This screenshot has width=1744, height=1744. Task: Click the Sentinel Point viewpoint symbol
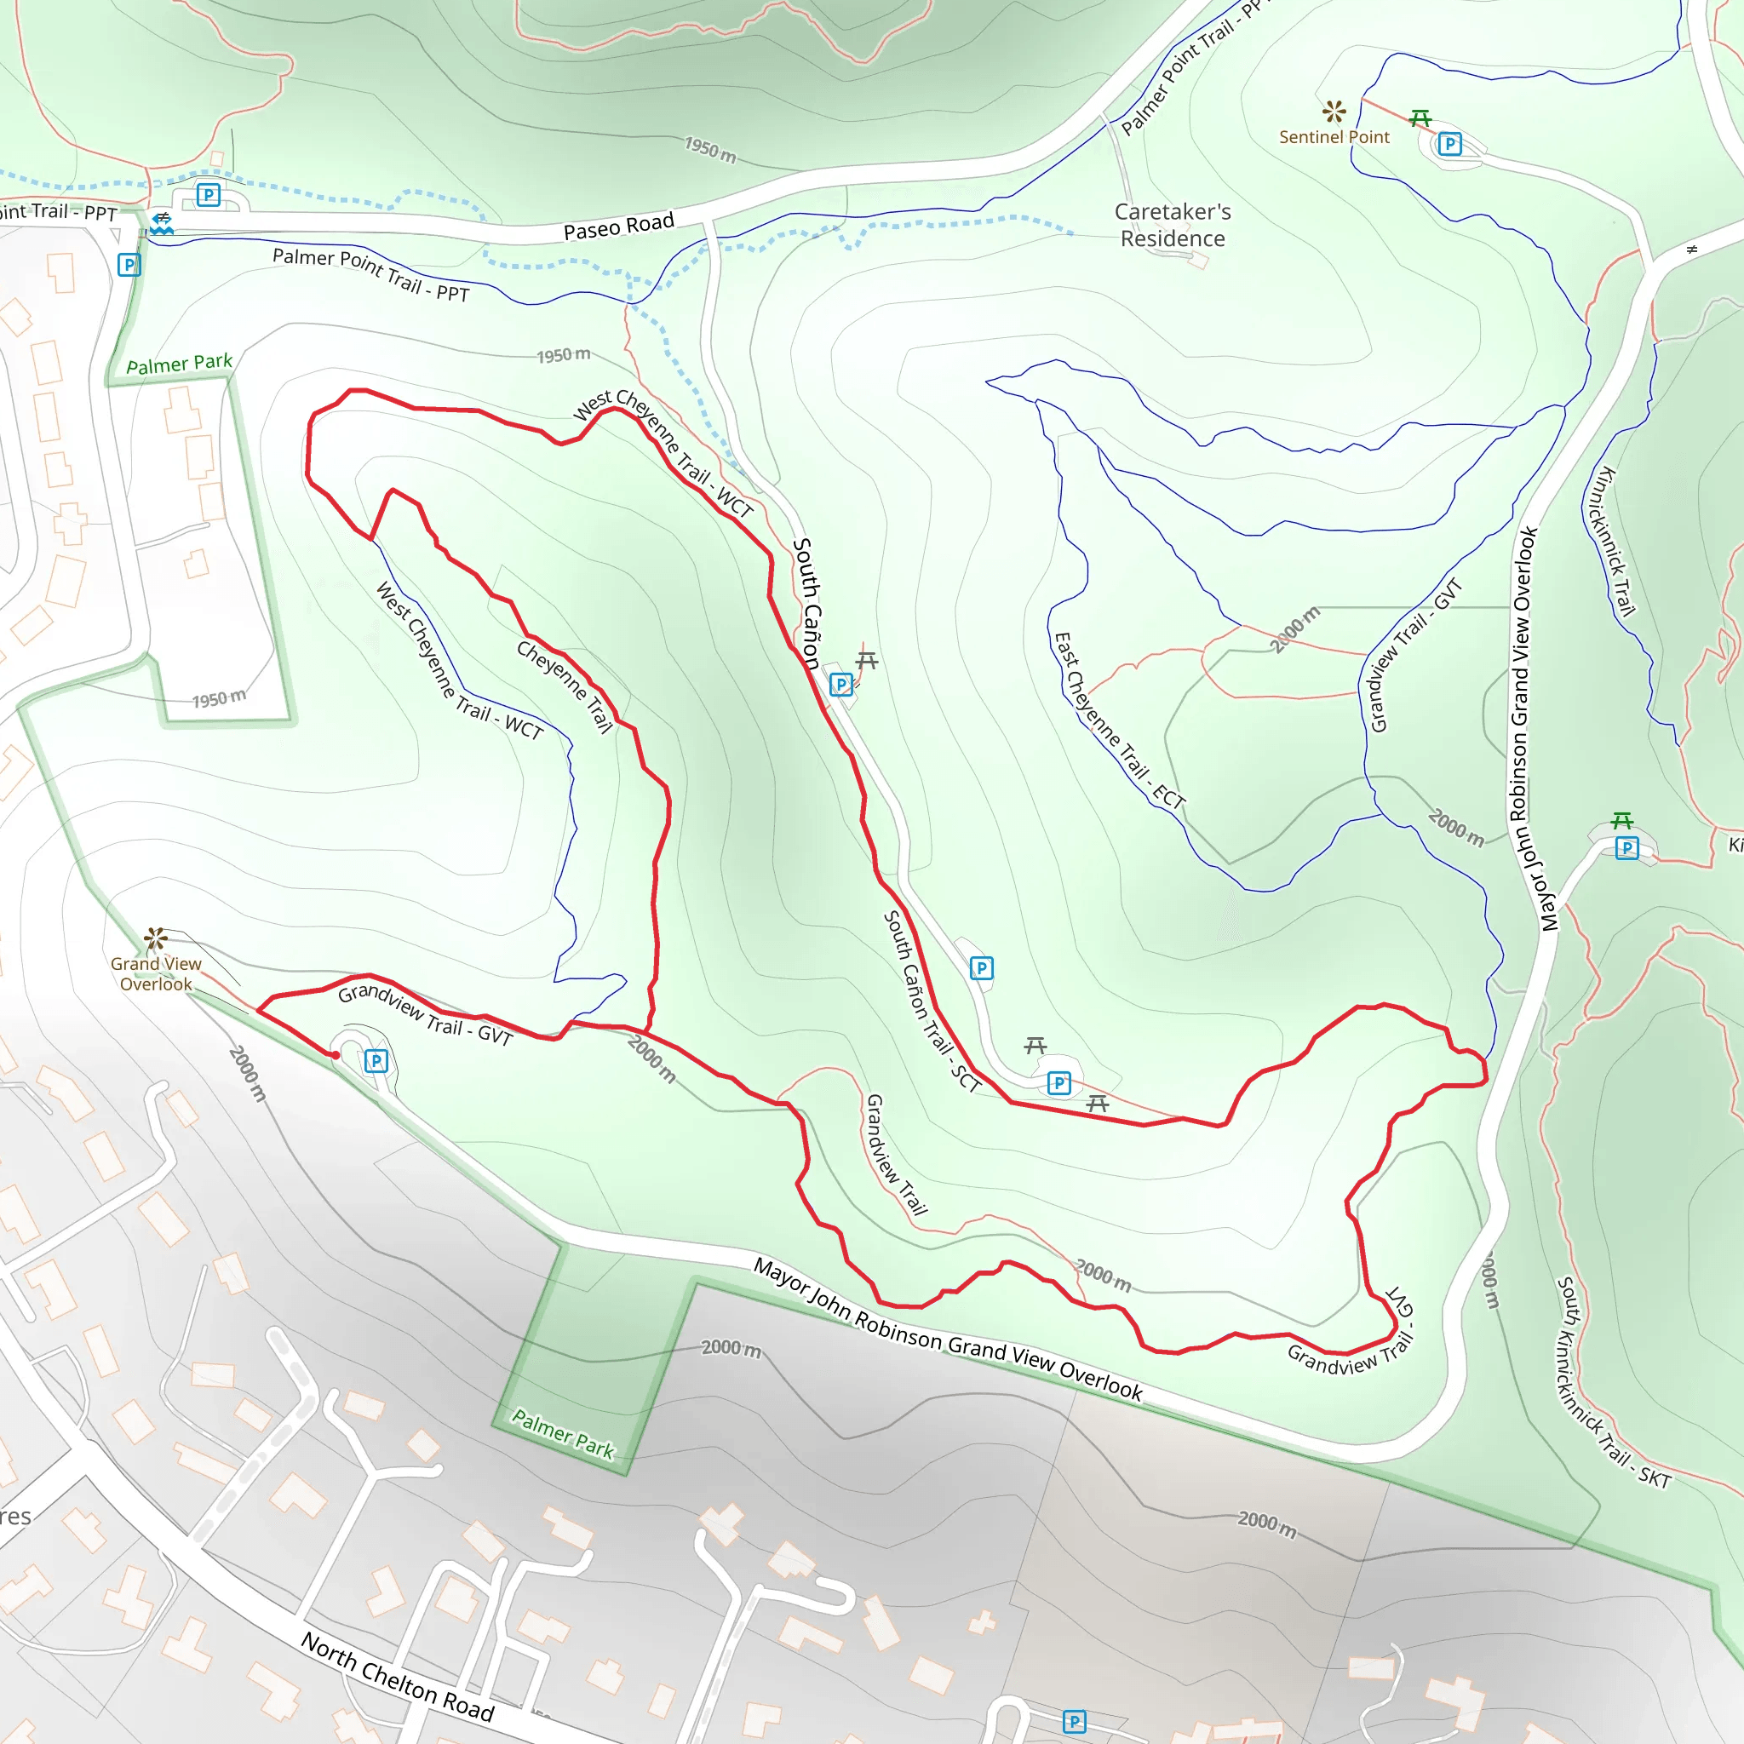pyautogui.click(x=1334, y=112)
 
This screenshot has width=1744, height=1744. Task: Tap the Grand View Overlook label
pyautogui.click(x=155, y=974)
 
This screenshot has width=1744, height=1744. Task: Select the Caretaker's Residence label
pyautogui.click(x=1172, y=225)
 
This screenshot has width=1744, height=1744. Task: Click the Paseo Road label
pyautogui.click(x=618, y=227)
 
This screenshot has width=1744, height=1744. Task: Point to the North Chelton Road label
pyautogui.click(x=397, y=1678)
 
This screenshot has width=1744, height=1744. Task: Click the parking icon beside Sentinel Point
pyautogui.click(x=1449, y=145)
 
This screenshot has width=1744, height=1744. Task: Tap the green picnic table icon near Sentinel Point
pyautogui.click(x=1420, y=118)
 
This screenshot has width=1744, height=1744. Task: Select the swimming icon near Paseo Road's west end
pyautogui.click(x=162, y=223)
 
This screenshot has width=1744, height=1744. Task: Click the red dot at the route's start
pyautogui.click(x=335, y=1055)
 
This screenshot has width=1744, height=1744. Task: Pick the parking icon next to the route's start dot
pyautogui.click(x=376, y=1061)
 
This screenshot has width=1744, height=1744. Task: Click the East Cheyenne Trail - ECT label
pyautogui.click(x=1118, y=720)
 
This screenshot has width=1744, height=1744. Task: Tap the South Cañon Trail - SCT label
pyautogui.click(x=931, y=1001)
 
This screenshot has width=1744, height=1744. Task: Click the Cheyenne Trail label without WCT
pyautogui.click(x=565, y=686)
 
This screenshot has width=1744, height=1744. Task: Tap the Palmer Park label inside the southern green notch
pyautogui.click(x=562, y=1433)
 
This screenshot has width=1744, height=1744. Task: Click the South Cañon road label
pyautogui.click(x=807, y=603)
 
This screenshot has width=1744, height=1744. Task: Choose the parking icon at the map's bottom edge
pyautogui.click(x=1074, y=1721)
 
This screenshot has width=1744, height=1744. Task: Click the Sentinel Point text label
pyautogui.click(x=1334, y=137)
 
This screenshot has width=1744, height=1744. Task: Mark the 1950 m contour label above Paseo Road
pyautogui.click(x=709, y=149)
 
